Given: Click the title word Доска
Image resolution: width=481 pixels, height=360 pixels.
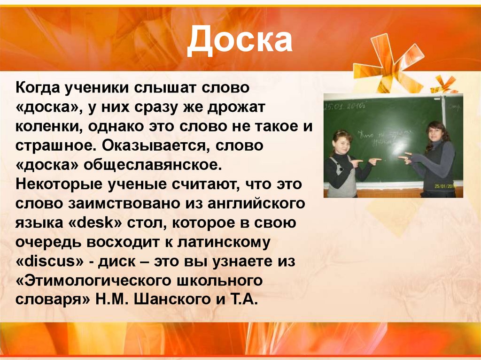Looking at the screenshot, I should (240, 40).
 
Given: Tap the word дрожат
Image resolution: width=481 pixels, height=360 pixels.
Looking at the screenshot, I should (239, 107).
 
